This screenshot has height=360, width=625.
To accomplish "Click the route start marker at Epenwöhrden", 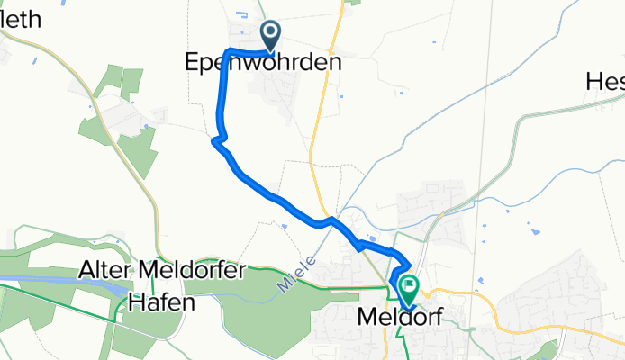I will click(271, 36).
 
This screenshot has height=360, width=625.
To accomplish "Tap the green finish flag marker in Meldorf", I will click(409, 289).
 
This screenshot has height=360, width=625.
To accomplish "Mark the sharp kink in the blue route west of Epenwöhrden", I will click(214, 140).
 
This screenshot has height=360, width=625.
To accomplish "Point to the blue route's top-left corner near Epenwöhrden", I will click(227, 50).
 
